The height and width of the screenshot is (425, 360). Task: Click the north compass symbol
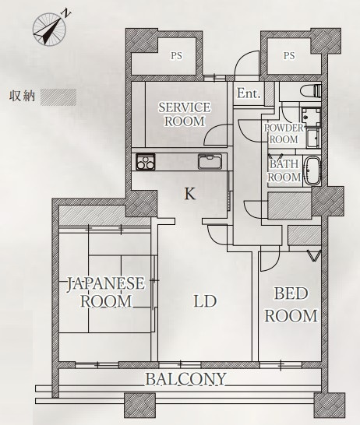[49, 29]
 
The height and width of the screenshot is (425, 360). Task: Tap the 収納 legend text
[23, 96]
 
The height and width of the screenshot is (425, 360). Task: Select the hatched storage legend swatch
[58, 97]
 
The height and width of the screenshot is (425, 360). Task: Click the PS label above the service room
[176, 56]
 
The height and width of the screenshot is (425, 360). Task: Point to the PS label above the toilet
[289, 56]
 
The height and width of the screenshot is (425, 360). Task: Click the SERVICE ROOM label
[185, 114]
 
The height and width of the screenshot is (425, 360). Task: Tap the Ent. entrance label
[249, 93]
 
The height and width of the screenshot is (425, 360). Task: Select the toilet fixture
[311, 90]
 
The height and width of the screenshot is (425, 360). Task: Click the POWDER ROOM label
[284, 134]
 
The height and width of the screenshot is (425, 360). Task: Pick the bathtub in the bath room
[313, 170]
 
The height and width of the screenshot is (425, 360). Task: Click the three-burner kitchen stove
[146, 162]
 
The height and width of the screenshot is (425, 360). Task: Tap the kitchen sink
[210, 162]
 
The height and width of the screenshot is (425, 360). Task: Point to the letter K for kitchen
[190, 194]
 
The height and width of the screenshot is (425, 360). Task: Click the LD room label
[205, 301]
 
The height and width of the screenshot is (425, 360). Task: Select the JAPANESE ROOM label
[106, 292]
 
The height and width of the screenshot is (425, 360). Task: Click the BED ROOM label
[291, 304]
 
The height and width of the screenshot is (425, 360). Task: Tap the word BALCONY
[185, 378]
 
